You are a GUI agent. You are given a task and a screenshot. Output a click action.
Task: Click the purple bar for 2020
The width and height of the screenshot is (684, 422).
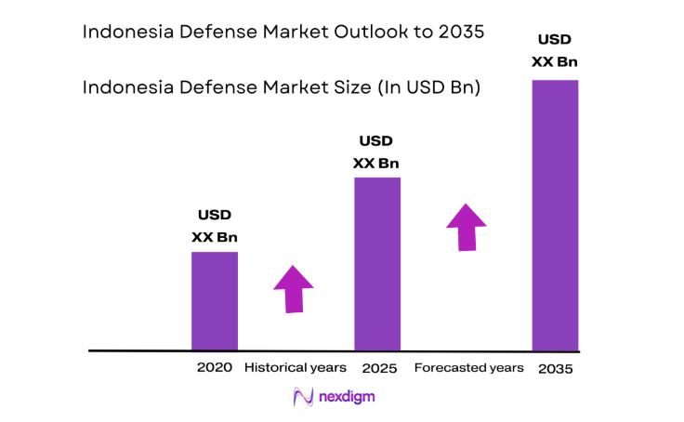click(x=215, y=301)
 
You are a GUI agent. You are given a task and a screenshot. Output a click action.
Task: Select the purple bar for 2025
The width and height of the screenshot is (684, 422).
click(x=377, y=264)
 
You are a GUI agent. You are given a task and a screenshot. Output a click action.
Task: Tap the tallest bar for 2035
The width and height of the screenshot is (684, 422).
click(x=555, y=216)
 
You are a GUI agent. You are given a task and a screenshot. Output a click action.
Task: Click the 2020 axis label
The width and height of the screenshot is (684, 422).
click(x=214, y=368)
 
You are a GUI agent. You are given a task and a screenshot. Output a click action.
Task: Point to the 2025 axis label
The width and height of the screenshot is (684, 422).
click(x=379, y=369)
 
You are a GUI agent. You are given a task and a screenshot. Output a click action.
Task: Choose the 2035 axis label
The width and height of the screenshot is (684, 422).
click(x=555, y=369)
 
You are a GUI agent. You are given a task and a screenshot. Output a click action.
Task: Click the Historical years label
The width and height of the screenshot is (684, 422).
click(x=296, y=368)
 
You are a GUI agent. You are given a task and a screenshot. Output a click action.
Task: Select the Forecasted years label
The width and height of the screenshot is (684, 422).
click(x=468, y=368)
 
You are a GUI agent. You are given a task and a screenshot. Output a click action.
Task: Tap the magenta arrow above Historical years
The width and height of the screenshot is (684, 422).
click(x=294, y=288)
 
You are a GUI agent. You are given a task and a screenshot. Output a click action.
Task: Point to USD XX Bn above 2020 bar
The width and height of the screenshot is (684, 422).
click(x=214, y=226)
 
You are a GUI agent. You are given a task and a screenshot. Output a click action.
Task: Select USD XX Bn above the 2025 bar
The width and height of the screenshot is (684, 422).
click(x=376, y=152)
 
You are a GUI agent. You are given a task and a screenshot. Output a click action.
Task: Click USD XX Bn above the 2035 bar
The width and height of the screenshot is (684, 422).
click(x=555, y=51)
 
